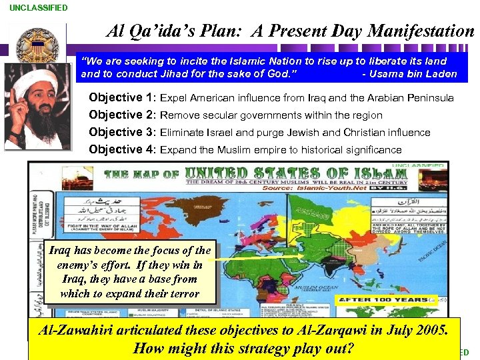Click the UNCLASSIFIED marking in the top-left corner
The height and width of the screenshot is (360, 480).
click(x=39, y=8)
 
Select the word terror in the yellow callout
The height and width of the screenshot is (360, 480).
click(x=185, y=293)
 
